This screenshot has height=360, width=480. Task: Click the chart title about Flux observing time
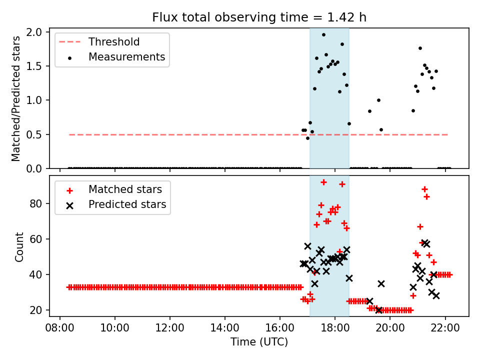[259, 17]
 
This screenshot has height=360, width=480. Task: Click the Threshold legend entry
[114, 41]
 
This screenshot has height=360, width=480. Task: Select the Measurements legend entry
[126, 57]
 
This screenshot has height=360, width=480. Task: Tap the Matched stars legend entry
[125, 189]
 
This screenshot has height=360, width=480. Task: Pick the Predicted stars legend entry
[127, 205]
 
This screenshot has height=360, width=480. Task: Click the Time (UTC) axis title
[259, 342]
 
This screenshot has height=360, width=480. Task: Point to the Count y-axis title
[19, 247]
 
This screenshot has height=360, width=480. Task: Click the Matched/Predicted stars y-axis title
[16, 98]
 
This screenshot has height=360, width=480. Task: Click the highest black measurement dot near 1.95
[323, 35]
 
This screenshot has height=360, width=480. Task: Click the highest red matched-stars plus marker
[323, 182]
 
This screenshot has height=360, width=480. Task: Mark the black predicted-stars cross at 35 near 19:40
[381, 283]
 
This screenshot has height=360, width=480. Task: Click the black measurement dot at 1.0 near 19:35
[378, 100]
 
